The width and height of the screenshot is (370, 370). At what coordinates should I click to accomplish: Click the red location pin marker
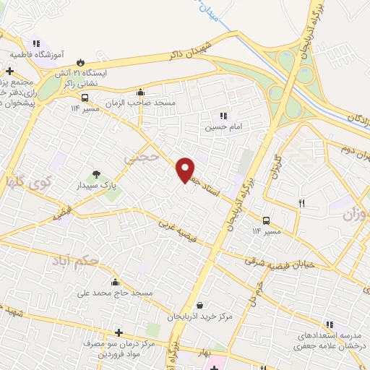(x=186, y=170)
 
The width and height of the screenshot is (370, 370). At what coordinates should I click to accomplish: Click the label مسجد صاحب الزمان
(x=142, y=103)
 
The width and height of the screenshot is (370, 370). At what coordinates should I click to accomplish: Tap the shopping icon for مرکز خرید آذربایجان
(x=199, y=306)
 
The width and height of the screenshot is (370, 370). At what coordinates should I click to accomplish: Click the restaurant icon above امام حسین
(x=223, y=116)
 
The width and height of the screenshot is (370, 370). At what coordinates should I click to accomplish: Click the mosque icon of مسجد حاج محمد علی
(x=116, y=282)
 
